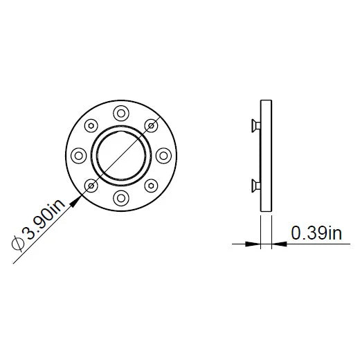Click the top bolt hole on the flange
tap(122, 111)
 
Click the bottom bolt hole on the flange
tap(122, 199)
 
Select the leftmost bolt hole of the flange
tap(78, 155)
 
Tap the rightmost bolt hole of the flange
tap(166, 155)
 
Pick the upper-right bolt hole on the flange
tap(153, 125)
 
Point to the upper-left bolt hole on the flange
tap(91, 125)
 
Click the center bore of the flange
tap(122, 155)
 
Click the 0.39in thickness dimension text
tap(316, 233)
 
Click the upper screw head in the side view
tap(253, 126)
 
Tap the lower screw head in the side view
tap(253, 183)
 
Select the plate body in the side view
tap(267, 155)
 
